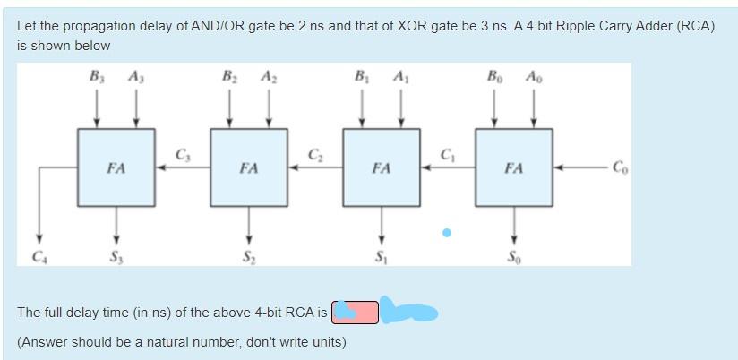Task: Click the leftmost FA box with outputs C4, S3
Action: [x=116, y=167]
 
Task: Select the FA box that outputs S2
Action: [x=249, y=167]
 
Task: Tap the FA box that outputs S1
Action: [x=382, y=167]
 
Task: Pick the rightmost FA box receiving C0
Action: [x=513, y=167]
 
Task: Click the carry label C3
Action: [x=182, y=154]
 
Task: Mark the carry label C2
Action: [x=315, y=154]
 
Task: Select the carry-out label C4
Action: [x=38, y=258]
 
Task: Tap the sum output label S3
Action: [x=116, y=258]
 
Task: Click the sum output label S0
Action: [x=513, y=258]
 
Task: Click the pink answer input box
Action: [x=356, y=312]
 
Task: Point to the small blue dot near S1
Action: [x=446, y=233]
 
